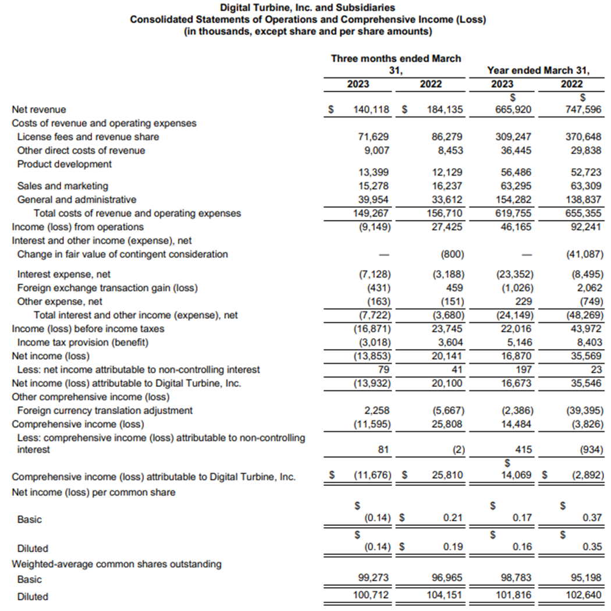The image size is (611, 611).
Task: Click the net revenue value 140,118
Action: tap(371, 109)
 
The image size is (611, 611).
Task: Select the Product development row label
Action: tap(64, 164)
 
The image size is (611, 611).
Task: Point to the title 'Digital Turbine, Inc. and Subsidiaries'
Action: tap(308, 8)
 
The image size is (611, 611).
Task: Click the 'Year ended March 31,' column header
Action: tap(538, 71)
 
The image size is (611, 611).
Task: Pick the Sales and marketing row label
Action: tap(63, 186)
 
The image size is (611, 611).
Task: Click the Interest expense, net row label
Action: tap(64, 274)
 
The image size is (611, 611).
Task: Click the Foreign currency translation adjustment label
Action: tap(105, 411)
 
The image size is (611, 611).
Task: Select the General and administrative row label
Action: tap(77, 200)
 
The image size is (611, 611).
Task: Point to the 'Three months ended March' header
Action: tap(396, 59)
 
